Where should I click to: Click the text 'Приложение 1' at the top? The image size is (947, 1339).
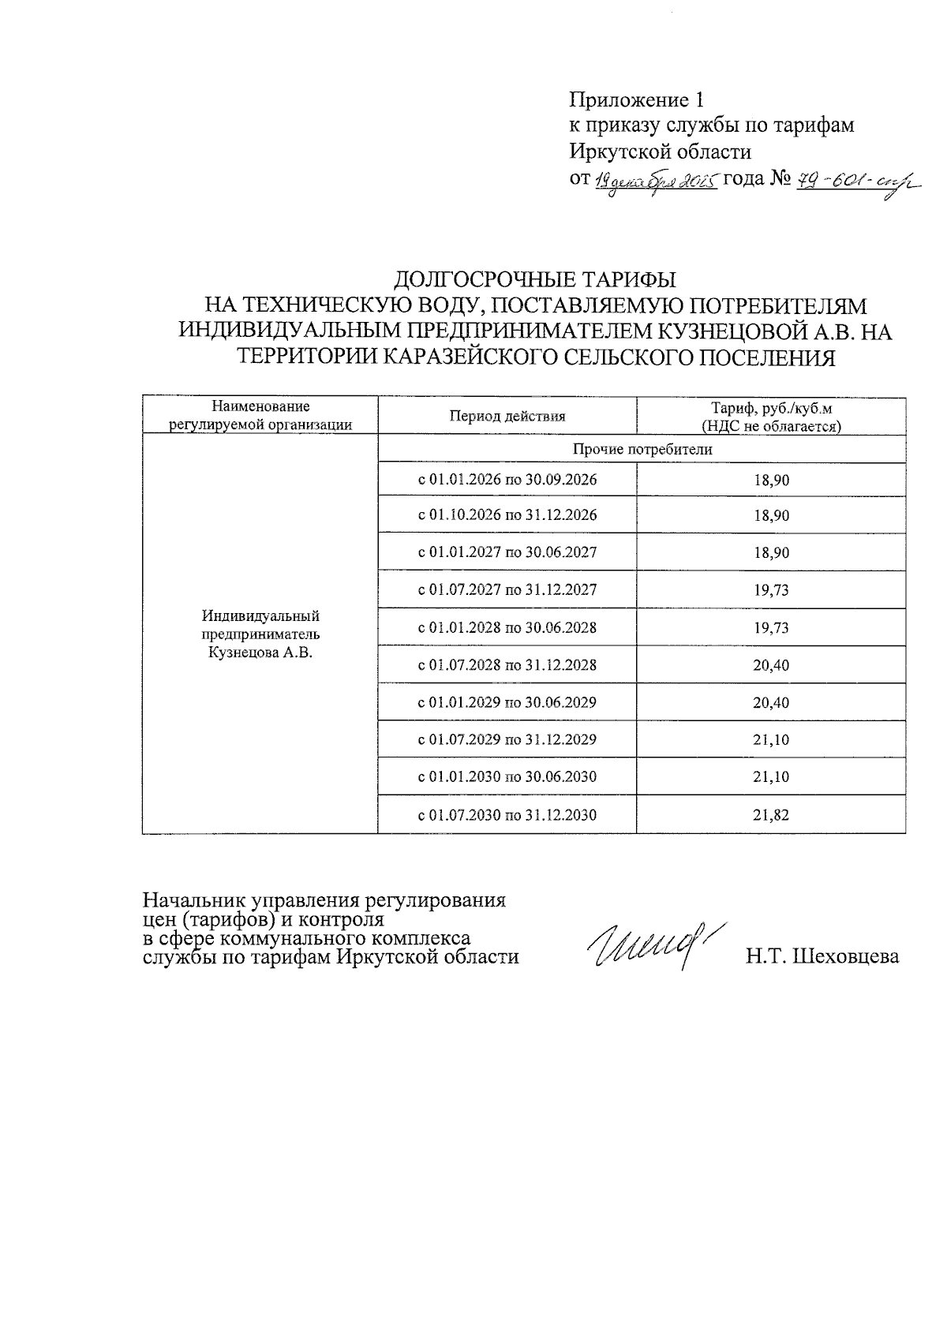coord(635,100)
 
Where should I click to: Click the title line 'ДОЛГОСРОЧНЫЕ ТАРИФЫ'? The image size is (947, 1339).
coord(535,280)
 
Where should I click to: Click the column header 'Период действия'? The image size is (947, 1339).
coord(507,417)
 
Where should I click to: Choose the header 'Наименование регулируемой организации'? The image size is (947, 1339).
coord(260,416)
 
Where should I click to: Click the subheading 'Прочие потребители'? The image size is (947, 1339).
coord(642,450)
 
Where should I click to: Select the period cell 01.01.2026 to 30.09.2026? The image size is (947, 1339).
coord(507,480)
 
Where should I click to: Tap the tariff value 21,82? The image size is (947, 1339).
coord(771,815)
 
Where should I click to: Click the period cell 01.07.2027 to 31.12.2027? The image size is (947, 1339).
coord(507,590)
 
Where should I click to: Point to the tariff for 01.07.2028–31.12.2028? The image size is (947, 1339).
coord(771,665)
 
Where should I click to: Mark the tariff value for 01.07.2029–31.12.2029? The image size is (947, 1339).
coord(771,740)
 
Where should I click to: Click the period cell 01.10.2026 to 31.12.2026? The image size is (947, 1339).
coord(507,515)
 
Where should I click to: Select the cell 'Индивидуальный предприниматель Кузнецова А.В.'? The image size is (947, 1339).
coord(260,634)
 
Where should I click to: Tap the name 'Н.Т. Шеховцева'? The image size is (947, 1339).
coord(823,956)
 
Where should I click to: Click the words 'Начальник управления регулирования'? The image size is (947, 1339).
coord(324,900)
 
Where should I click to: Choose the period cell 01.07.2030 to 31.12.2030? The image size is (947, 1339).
coord(507,815)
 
